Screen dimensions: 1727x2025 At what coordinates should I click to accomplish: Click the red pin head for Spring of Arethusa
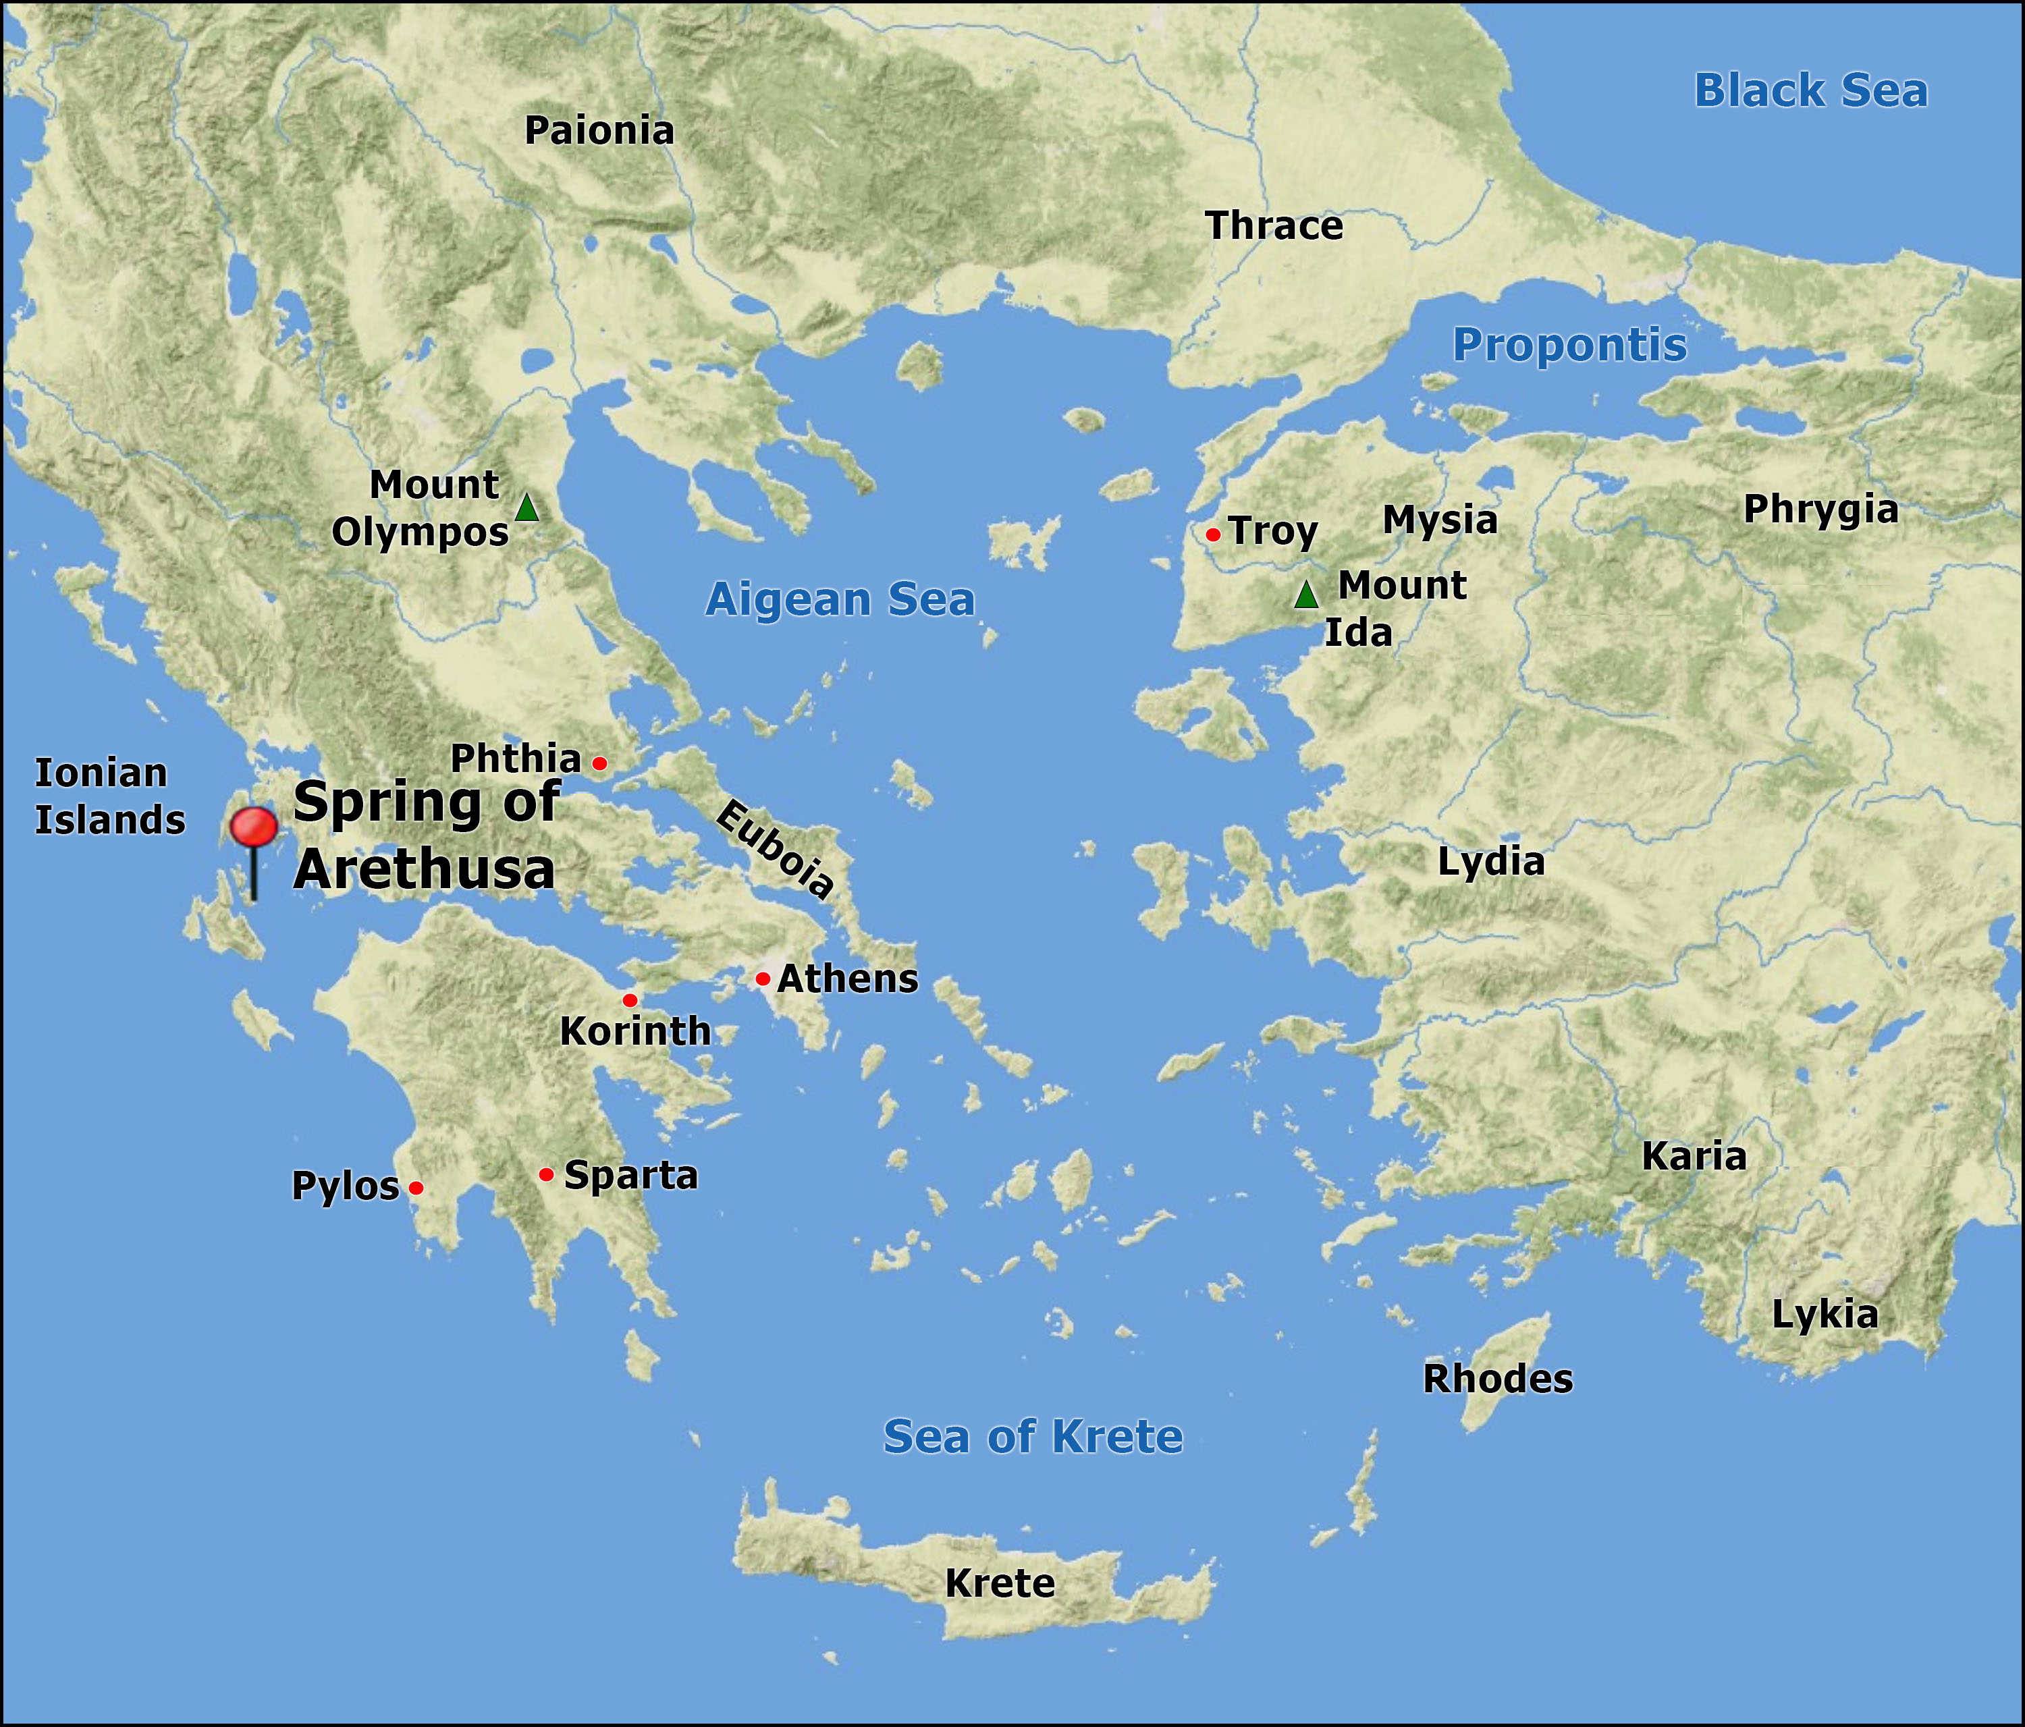tap(253, 827)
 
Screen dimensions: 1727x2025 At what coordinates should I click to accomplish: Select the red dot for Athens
tap(762, 979)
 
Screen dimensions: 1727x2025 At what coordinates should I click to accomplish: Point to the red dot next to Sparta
tap(546, 1174)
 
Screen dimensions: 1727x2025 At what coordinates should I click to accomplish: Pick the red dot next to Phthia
tap(600, 763)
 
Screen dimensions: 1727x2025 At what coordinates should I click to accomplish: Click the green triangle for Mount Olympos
tap(526, 508)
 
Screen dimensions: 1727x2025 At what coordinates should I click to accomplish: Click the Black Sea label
tap(1810, 91)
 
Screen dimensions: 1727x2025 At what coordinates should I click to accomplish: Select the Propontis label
tap(1569, 345)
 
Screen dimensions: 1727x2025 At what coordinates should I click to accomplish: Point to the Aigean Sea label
tap(840, 599)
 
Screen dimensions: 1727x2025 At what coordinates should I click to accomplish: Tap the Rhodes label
tap(1497, 1379)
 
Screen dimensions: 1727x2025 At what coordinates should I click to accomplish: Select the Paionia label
tap(599, 131)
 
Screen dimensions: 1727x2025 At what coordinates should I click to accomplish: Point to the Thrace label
tap(1274, 226)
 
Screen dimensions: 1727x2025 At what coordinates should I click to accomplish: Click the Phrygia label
tap(1820, 510)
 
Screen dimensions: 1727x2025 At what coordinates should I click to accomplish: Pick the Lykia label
tap(1825, 1315)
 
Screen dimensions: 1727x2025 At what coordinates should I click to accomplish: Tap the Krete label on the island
tap(1000, 1583)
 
